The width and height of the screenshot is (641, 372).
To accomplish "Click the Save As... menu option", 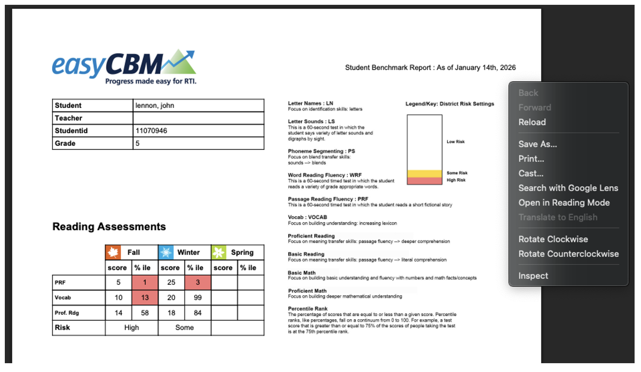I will coord(537,144).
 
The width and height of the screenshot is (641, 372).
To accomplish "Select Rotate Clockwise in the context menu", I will coord(553,239).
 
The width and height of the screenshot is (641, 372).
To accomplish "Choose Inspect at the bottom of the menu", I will coord(533,276).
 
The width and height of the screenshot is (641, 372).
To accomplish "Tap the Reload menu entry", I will coord(532,122).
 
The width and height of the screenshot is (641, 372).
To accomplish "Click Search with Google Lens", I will coord(568,188).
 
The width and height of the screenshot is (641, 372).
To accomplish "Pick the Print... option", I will coord(531,159).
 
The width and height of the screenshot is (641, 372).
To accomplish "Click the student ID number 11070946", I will coord(151,131).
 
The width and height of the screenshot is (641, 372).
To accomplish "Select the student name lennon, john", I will coord(154,106).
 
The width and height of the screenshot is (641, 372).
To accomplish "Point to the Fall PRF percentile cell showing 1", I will coord(145,282).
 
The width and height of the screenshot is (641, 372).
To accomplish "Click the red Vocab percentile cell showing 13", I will coord(145,298).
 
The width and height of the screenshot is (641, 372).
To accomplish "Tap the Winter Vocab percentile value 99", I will coord(198,298).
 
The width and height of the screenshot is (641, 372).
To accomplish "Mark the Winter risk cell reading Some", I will coord(184,328).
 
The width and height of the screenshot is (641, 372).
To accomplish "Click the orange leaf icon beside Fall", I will coord(113,252).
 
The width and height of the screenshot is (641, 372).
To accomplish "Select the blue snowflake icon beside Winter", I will coord(166,252).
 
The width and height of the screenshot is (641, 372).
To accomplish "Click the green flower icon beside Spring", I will coord(219,252).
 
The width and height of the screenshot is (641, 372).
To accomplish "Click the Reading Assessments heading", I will coord(109,227).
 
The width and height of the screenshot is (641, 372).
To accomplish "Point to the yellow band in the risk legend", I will coord(424,174).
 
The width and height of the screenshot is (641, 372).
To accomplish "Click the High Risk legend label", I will coord(456,180).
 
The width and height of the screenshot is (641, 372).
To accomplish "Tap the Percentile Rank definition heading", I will coord(307,309).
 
